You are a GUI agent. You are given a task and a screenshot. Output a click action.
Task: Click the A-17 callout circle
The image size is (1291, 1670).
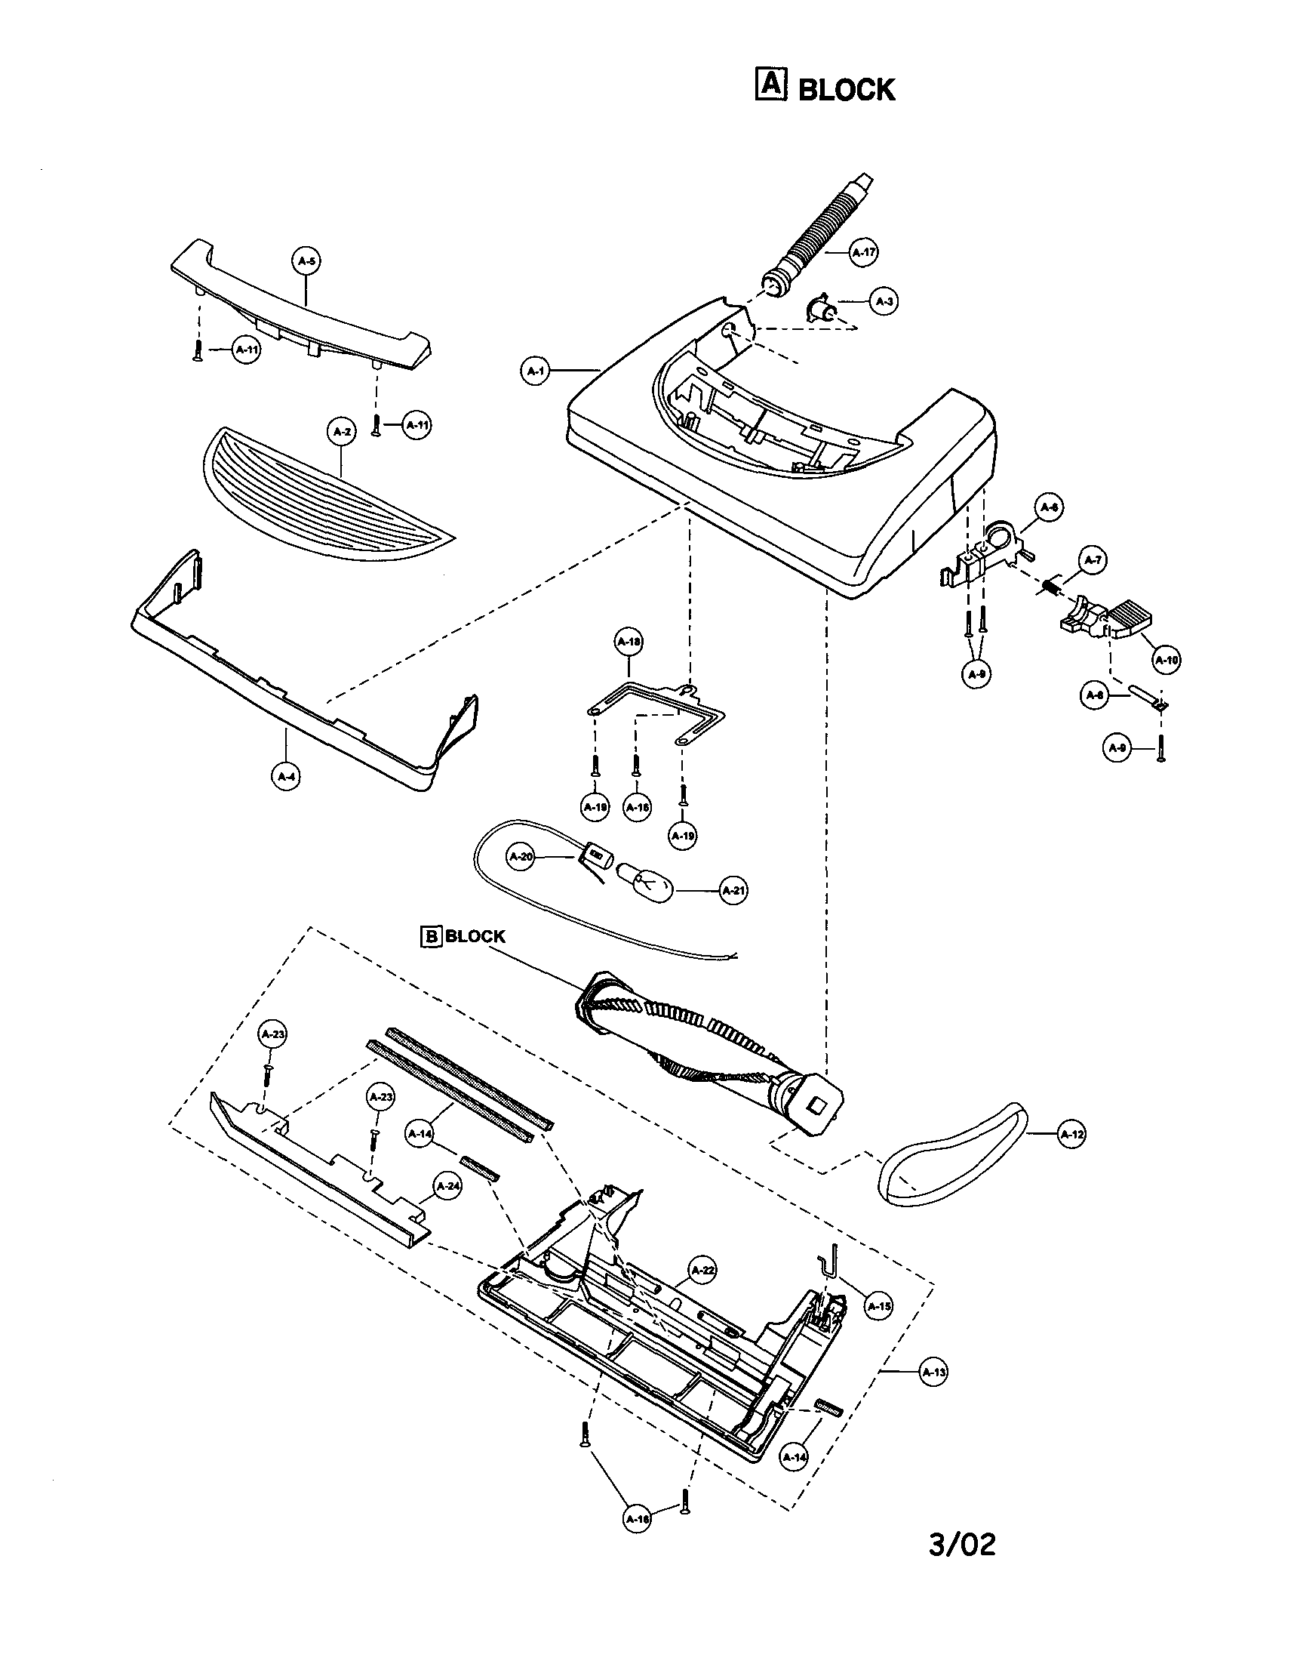(x=864, y=252)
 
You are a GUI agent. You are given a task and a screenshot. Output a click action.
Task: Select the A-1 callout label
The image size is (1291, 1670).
(x=535, y=371)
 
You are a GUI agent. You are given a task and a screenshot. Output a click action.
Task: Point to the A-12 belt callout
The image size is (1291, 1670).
(x=1071, y=1135)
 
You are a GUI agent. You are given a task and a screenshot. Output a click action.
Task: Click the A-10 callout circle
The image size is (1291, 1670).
(x=1166, y=660)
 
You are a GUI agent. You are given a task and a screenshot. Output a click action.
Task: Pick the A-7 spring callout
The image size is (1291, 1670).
(x=1094, y=560)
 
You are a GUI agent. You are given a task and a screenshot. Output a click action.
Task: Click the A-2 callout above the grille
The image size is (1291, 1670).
(x=341, y=431)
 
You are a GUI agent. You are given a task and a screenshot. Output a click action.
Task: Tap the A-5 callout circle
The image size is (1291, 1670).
(x=306, y=261)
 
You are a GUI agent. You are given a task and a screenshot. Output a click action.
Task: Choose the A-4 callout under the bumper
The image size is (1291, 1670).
(x=286, y=777)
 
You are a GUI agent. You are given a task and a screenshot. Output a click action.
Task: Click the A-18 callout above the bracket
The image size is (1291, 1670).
(x=629, y=642)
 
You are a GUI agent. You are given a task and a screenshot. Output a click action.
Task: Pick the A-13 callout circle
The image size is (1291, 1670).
(x=933, y=1373)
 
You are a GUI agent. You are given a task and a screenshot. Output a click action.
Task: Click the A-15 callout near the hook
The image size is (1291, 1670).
(x=879, y=1307)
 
